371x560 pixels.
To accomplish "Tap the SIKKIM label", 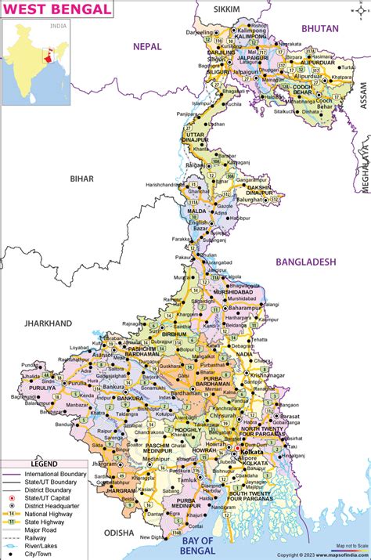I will (228, 9).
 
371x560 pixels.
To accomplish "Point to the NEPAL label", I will (146, 46).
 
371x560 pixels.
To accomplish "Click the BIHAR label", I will (81, 179).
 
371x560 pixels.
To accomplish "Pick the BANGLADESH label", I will (304, 262).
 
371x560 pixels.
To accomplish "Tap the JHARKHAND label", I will (48, 323).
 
